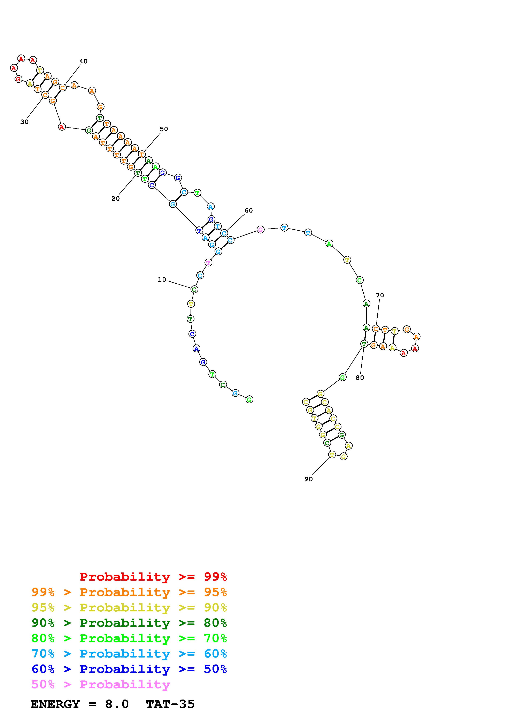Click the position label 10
[x=162, y=279]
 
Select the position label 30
[x=24, y=122]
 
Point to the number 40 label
[x=83, y=61]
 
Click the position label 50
[x=164, y=129]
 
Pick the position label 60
[x=249, y=210]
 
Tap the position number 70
[x=380, y=295]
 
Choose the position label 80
[x=360, y=378]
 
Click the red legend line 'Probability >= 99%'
[x=153, y=577]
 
